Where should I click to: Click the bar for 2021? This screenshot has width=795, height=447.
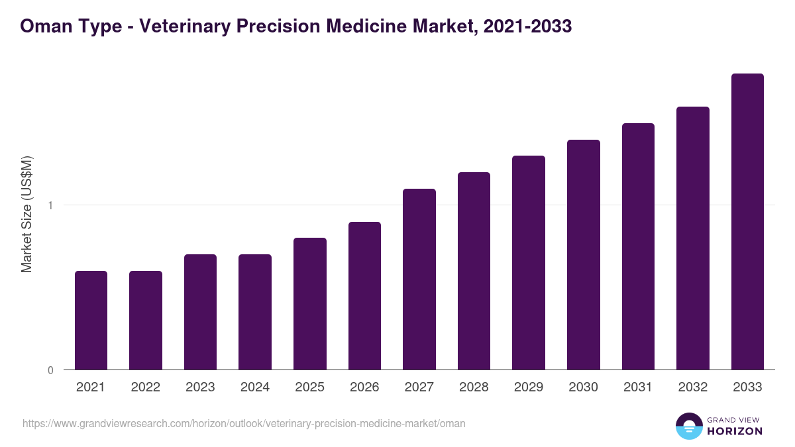pyautogui.click(x=91, y=320)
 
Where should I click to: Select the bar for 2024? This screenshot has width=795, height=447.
pyautogui.click(x=255, y=312)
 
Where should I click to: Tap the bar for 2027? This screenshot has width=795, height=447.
pyautogui.click(x=419, y=279)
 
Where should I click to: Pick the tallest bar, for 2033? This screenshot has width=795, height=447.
pyautogui.click(x=747, y=221)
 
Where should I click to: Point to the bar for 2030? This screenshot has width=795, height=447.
pyautogui.click(x=584, y=254)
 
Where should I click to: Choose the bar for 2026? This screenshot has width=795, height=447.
pyautogui.click(x=364, y=295)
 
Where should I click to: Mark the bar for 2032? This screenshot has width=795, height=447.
pyautogui.click(x=693, y=238)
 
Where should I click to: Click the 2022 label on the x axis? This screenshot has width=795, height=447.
pyautogui.click(x=145, y=387)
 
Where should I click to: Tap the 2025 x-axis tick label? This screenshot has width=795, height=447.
pyautogui.click(x=309, y=387)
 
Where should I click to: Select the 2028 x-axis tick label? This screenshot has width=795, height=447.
pyautogui.click(x=474, y=387)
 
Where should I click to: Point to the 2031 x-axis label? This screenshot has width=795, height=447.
pyautogui.click(x=638, y=387)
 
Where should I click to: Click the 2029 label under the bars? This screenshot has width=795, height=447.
pyautogui.click(x=529, y=387)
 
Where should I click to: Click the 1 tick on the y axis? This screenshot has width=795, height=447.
pyautogui.click(x=50, y=205)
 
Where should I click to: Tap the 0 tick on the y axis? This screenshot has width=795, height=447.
pyautogui.click(x=50, y=370)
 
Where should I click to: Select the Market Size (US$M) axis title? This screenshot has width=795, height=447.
pyautogui.click(x=26, y=214)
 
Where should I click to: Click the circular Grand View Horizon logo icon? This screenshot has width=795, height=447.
pyautogui.click(x=688, y=426)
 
